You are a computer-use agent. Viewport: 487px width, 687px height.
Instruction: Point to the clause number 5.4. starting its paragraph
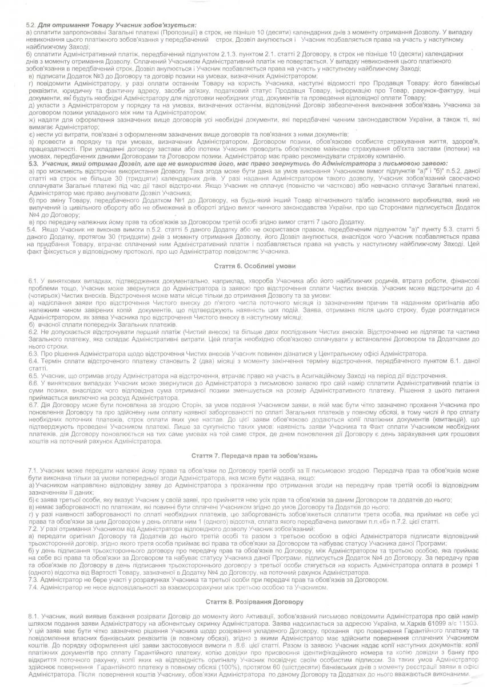point(33,228)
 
